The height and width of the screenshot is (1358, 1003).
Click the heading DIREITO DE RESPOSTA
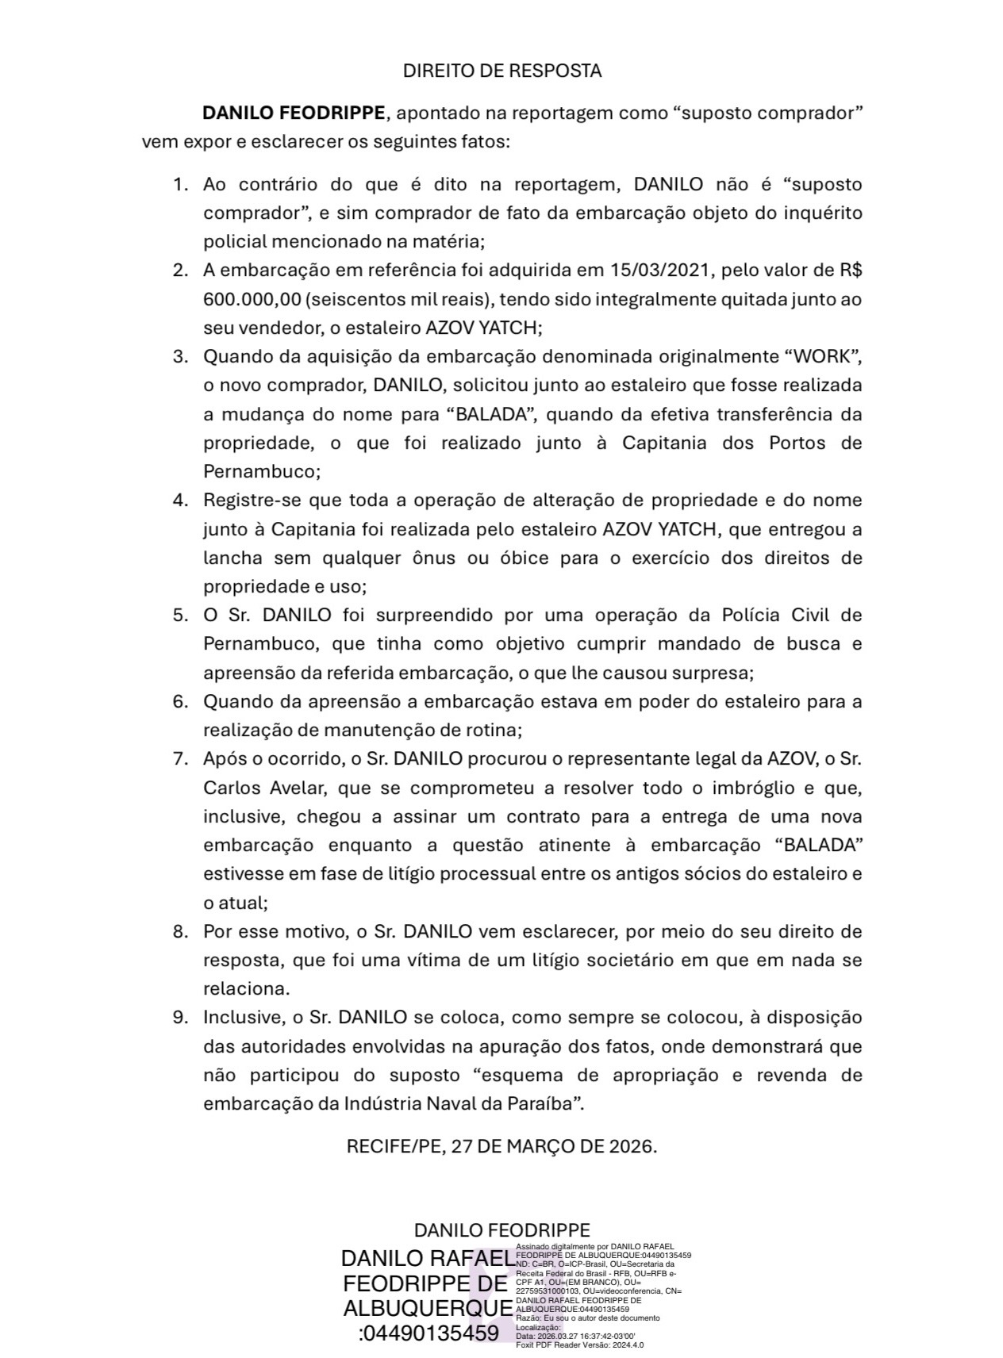pos(501,71)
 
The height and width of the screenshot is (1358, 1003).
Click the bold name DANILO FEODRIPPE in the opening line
pos(294,113)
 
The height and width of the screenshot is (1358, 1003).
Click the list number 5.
pos(180,616)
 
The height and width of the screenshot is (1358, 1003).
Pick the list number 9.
pos(180,1018)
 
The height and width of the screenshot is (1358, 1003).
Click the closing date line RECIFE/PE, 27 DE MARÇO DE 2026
pos(501,1146)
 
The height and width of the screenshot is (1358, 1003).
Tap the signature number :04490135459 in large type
pos(428,1333)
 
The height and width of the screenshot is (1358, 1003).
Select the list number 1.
pos(180,185)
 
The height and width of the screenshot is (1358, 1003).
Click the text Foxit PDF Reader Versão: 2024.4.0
pos(579,1345)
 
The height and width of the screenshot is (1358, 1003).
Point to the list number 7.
pos(180,759)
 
